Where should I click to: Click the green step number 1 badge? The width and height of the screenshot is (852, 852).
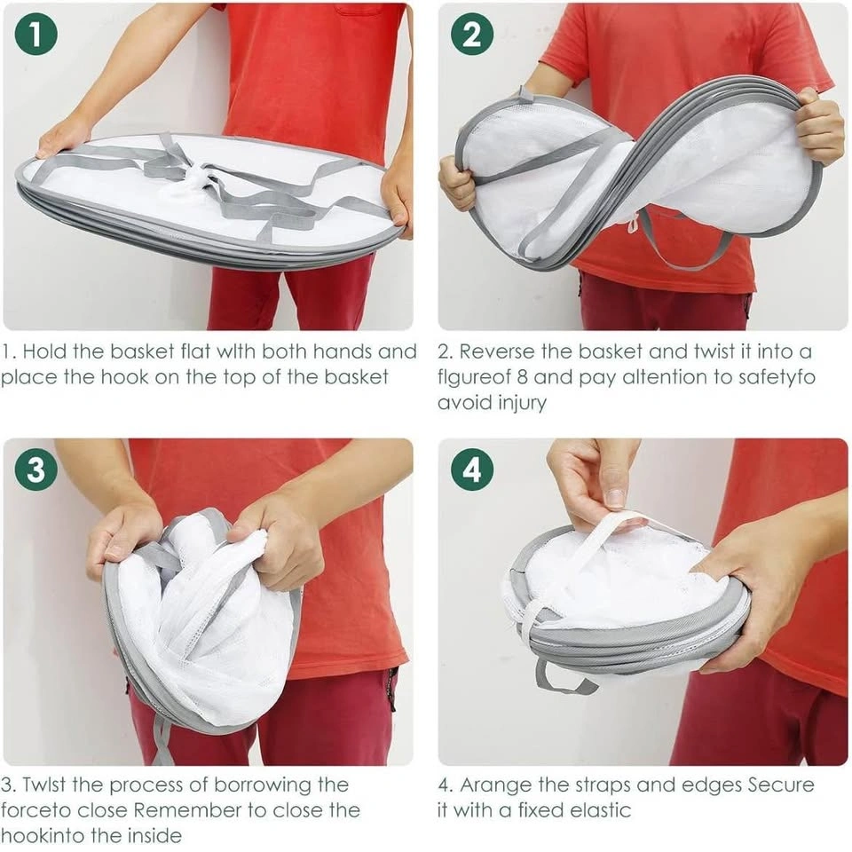click(35, 35)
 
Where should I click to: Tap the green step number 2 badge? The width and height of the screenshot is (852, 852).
click(471, 35)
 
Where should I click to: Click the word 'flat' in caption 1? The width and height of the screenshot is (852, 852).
click(195, 351)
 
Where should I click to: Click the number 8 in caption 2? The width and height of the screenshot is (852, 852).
click(522, 377)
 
